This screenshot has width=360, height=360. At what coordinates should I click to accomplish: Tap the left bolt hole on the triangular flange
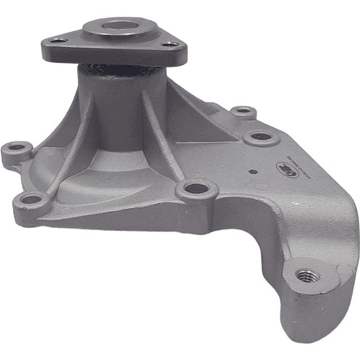coord(59,40)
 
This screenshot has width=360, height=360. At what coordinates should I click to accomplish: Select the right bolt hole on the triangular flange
coord(171,44)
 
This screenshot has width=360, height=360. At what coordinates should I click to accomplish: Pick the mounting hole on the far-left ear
coord(17,148)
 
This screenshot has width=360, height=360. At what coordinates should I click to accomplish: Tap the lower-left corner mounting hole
coord(31,200)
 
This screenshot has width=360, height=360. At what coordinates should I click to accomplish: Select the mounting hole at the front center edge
coord(196,188)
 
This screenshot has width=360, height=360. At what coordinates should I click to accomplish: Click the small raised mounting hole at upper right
coord(243,111)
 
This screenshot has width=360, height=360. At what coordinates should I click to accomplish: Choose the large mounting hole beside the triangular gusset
coord(260,136)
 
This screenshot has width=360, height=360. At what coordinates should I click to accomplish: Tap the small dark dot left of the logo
coord(253,172)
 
